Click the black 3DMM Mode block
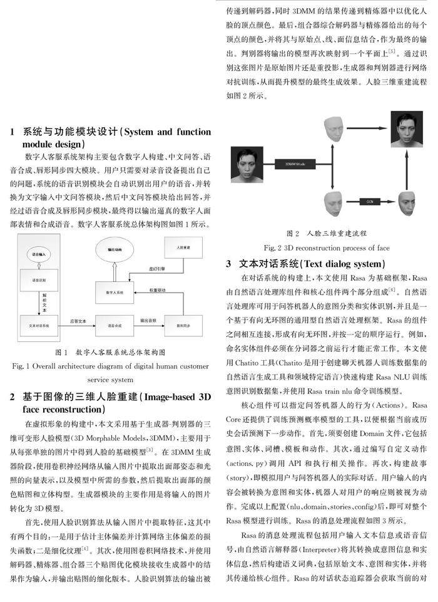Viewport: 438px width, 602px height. [x=294, y=164]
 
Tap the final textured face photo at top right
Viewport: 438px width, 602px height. [x=407, y=128]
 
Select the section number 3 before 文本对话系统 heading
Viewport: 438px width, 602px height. [x=230, y=264]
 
